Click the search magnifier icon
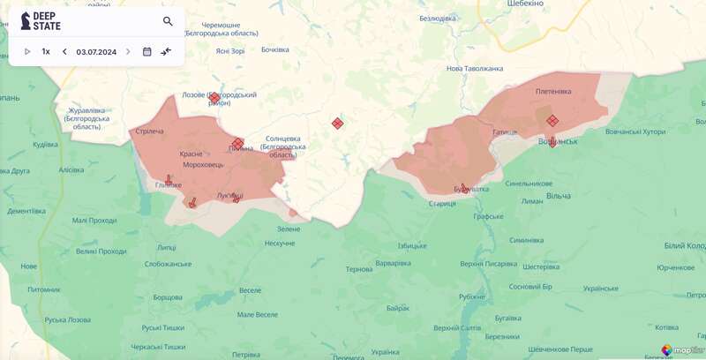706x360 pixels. coord(168,21)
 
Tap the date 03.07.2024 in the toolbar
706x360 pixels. coord(96,51)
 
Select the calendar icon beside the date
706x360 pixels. coord(147,51)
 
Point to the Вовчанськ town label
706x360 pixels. coord(557,141)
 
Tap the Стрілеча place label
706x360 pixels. coord(150,131)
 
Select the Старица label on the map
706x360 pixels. coord(442,204)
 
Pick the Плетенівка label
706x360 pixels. coord(553,91)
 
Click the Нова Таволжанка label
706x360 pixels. coord(475,69)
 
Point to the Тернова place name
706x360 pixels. coord(359,269)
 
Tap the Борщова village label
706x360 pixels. coord(167,297)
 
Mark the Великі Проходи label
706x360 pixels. coord(101,251)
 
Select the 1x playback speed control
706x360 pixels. coord(46,51)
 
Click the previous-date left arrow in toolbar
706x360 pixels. coord(64,51)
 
